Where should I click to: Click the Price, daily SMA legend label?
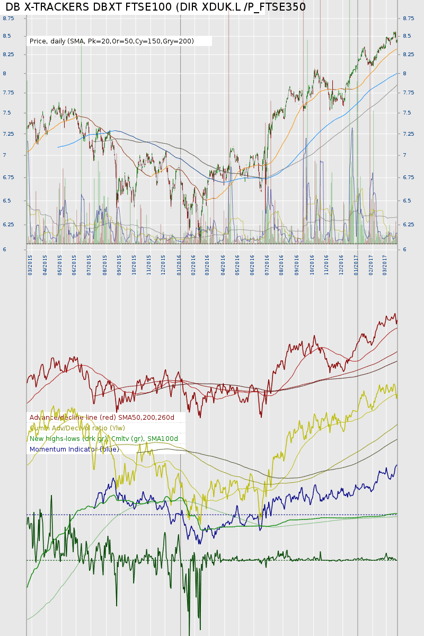click(111, 41)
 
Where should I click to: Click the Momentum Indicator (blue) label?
click(74, 449)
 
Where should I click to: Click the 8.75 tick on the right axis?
click(408, 19)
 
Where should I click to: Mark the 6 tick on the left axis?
click(4, 250)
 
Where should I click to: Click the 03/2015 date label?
click(31, 263)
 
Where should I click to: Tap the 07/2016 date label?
click(267, 263)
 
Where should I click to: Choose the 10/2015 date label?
click(135, 263)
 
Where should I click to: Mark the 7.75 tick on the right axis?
click(408, 93)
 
